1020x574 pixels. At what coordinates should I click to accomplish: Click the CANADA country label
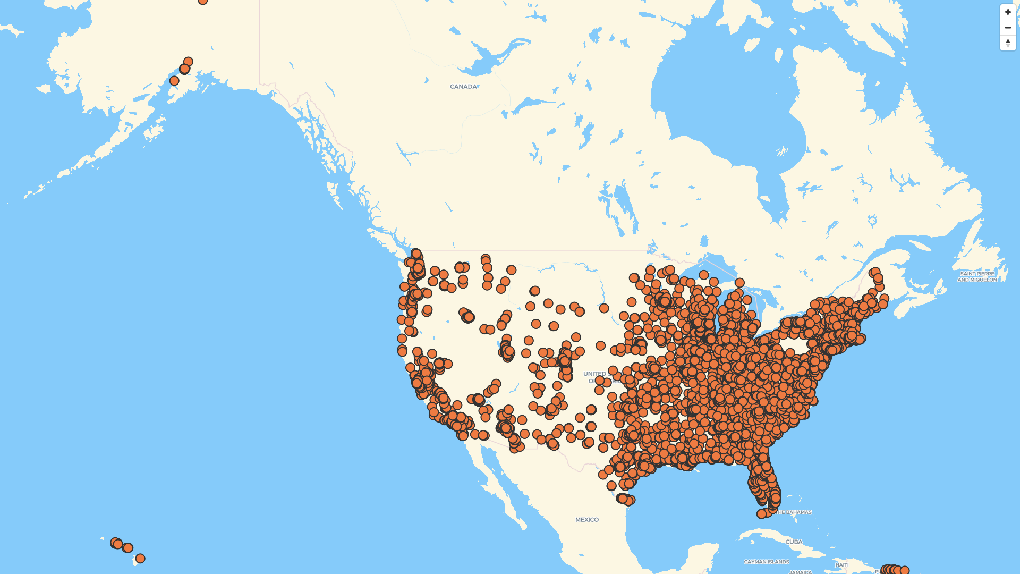[463, 87]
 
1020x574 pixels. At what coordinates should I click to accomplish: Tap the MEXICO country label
[586, 520]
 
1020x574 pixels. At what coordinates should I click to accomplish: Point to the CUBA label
[794, 542]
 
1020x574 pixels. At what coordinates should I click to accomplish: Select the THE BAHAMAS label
[794, 512]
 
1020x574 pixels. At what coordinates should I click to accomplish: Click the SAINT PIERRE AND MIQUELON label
[977, 277]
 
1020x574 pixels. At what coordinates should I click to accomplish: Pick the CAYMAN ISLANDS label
[766, 562]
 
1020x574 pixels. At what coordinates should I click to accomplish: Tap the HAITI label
[841, 565]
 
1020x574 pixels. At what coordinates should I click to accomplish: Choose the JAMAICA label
[801, 572]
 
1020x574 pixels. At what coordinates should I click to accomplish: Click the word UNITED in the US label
[594, 374]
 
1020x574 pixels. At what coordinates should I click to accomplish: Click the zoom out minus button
[1008, 28]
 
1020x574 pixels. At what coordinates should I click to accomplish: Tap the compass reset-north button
[1008, 43]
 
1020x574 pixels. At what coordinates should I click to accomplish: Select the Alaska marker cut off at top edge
[202, 1]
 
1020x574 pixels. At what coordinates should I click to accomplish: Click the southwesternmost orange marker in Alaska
[174, 81]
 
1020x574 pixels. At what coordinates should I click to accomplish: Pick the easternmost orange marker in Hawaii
[140, 559]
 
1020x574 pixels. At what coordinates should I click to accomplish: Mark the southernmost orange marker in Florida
[761, 514]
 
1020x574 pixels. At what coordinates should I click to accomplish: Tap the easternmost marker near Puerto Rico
[905, 570]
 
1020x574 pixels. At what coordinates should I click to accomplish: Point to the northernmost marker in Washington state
[416, 254]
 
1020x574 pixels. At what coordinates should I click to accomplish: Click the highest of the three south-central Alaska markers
[188, 62]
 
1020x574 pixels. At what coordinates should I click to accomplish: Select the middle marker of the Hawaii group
[127, 548]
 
